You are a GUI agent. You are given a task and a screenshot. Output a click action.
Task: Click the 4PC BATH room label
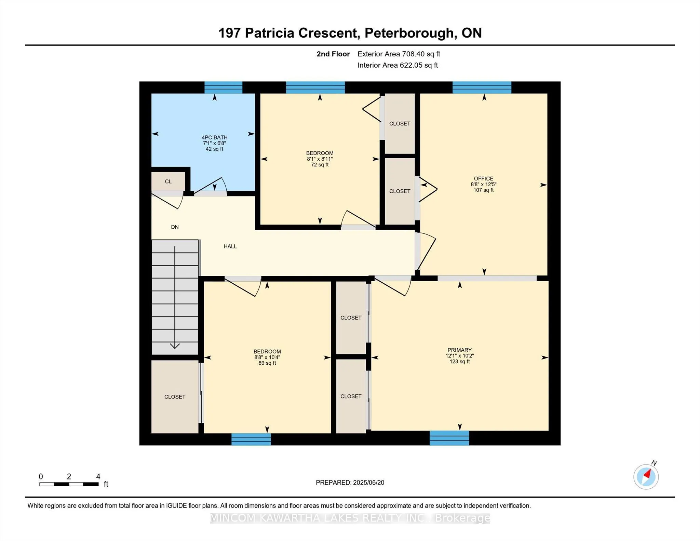(x=214, y=137)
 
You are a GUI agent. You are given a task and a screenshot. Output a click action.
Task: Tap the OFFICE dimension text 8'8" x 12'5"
(x=483, y=184)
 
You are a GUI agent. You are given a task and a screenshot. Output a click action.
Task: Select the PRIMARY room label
(x=459, y=350)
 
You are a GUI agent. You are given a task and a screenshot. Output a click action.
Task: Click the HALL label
(x=230, y=246)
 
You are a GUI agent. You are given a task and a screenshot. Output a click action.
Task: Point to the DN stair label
(x=175, y=227)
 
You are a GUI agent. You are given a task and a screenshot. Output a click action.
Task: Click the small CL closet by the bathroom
(x=168, y=181)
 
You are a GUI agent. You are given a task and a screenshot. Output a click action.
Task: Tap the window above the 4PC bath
(x=223, y=87)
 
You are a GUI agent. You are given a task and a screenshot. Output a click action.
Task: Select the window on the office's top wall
(x=482, y=87)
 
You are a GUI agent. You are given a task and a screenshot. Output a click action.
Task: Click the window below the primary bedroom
(x=449, y=438)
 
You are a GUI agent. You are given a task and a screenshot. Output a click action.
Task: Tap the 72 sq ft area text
(x=320, y=165)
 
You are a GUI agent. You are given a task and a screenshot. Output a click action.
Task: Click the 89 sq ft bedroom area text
(x=267, y=363)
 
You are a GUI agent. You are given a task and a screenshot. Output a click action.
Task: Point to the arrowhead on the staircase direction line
(x=175, y=346)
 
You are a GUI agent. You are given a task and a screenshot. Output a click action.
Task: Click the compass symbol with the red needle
(x=646, y=477)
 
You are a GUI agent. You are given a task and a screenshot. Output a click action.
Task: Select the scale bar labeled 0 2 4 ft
(x=69, y=484)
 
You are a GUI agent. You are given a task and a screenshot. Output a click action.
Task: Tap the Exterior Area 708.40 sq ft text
(x=399, y=54)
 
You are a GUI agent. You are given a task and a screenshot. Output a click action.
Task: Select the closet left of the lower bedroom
(x=175, y=397)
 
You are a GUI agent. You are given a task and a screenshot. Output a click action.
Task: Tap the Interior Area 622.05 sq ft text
(x=398, y=65)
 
